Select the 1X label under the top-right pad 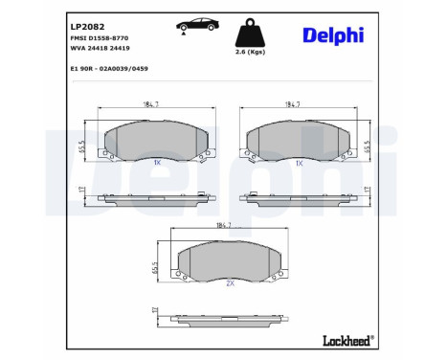point(300,164)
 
